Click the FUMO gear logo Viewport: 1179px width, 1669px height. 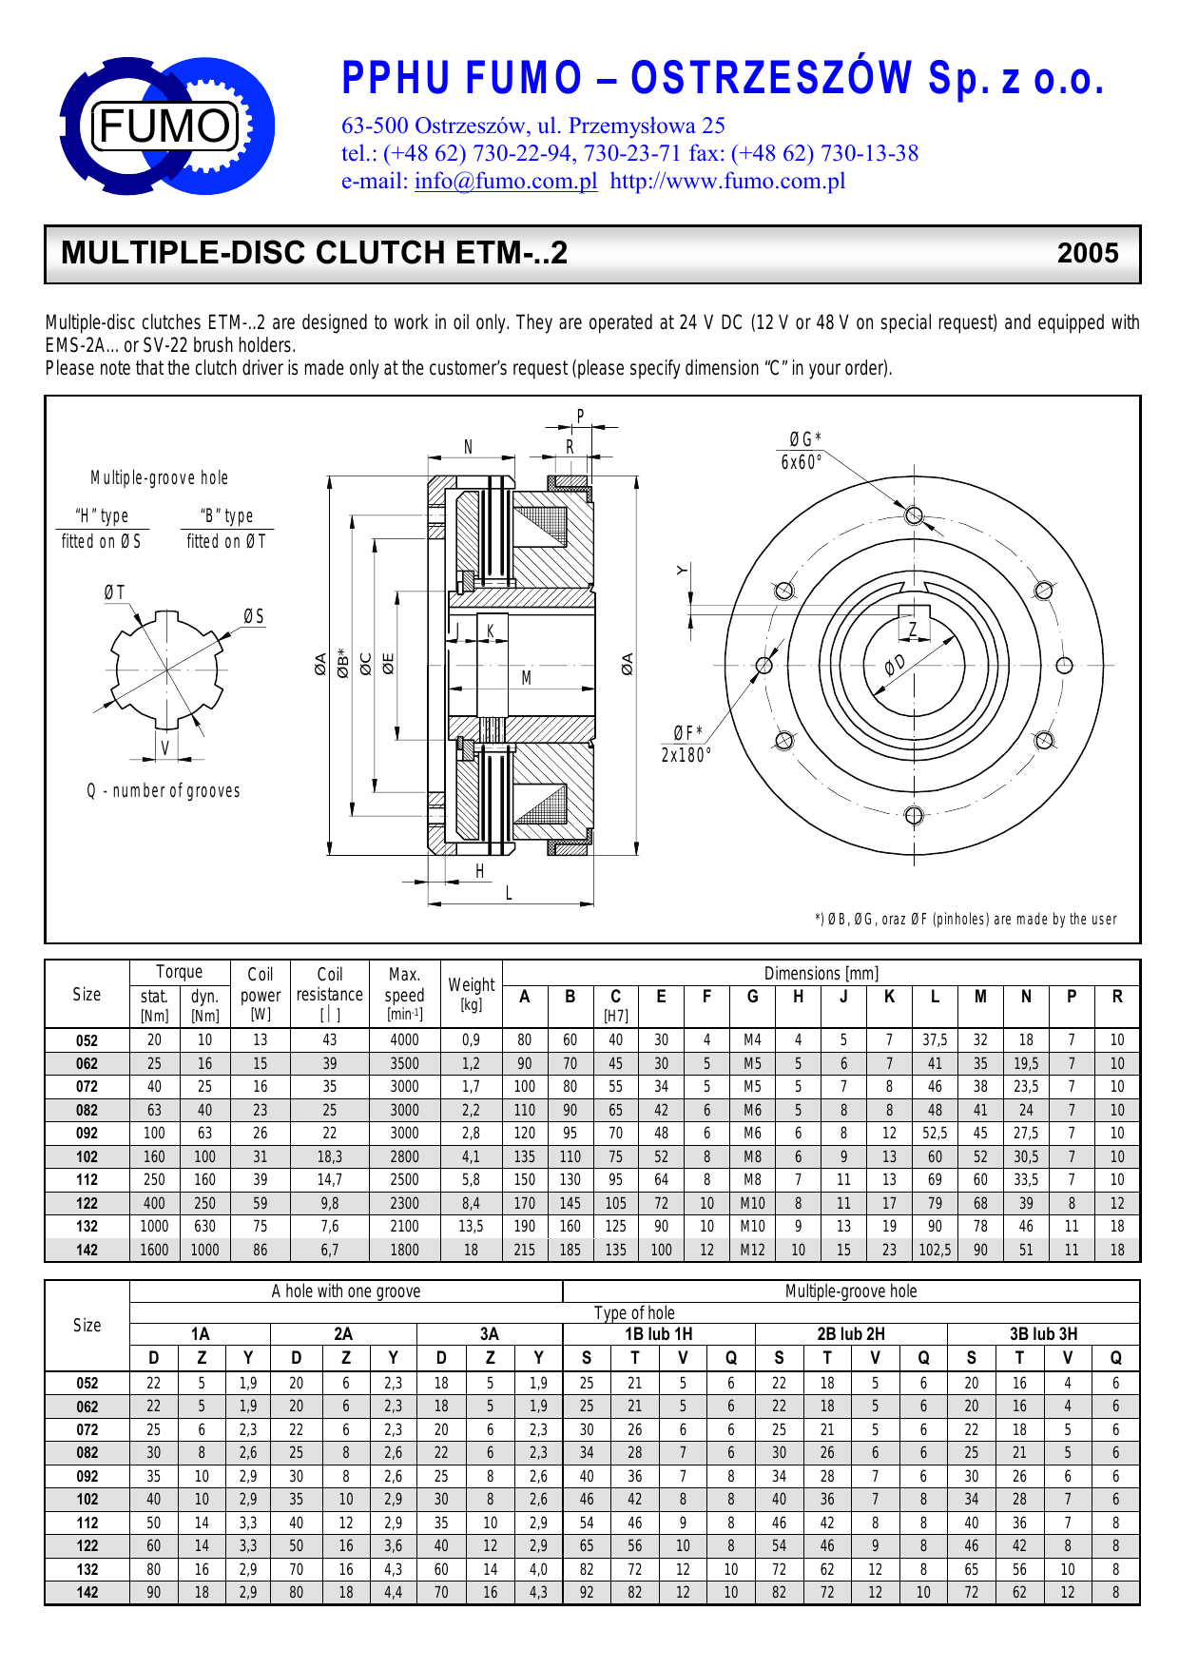[x=167, y=126]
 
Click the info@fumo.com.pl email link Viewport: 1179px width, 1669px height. [x=506, y=181]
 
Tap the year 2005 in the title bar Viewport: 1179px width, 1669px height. [x=1088, y=253]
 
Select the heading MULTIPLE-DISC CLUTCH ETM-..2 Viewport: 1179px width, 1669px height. [x=314, y=253]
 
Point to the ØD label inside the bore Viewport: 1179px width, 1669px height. [x=895, y=665]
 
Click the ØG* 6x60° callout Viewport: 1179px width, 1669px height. [x=802, y=451]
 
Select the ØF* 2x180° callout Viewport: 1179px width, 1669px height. [x=686, y=744]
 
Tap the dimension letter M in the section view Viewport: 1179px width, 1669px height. [x=526, y=677]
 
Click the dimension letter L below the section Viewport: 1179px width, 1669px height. [x=509, y=892]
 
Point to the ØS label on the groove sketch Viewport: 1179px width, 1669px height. [x=254, y=616]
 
